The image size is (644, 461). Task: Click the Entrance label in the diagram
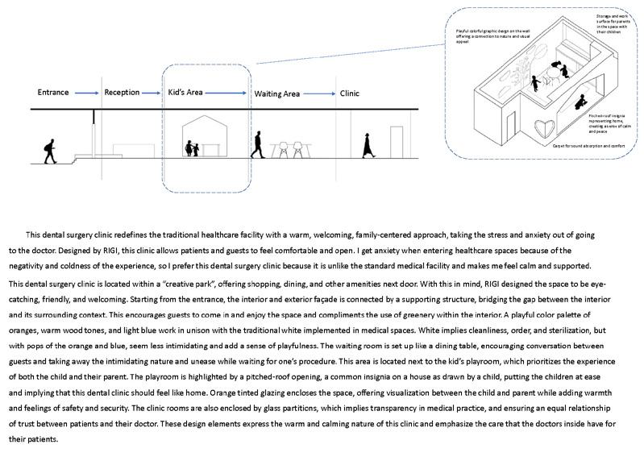[x=53, y=93]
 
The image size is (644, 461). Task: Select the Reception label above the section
[x=122, y=93]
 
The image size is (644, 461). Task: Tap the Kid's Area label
[x=186, y=93]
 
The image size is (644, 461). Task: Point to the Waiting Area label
[x=277, y=93]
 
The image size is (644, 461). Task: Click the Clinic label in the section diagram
[x=349, y=93]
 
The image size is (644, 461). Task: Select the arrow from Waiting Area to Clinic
[x=318, y=93]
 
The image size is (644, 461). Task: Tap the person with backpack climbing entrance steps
[x=49, y=150]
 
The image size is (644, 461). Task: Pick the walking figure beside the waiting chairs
[x=256, y=146]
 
